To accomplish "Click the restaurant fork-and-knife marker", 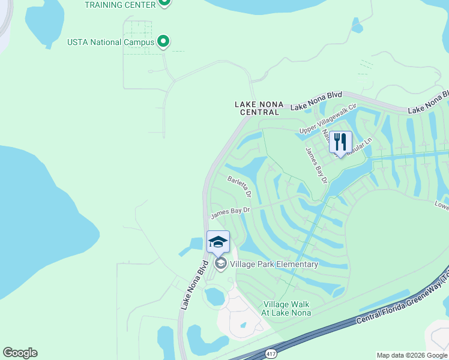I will click(x=340, y=143).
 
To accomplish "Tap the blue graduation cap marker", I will click(x=218, y=242).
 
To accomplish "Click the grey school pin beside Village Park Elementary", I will click(x=220, y=264).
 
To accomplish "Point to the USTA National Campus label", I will click(x=111, y=42).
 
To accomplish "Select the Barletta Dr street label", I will click(x=239, y=187).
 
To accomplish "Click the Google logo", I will click(x=20, y=353).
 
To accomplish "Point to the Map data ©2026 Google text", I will click(x=412, y=355).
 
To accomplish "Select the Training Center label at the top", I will click(x=121, y=4).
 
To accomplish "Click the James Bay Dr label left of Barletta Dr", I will click(x=229, y=212).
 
